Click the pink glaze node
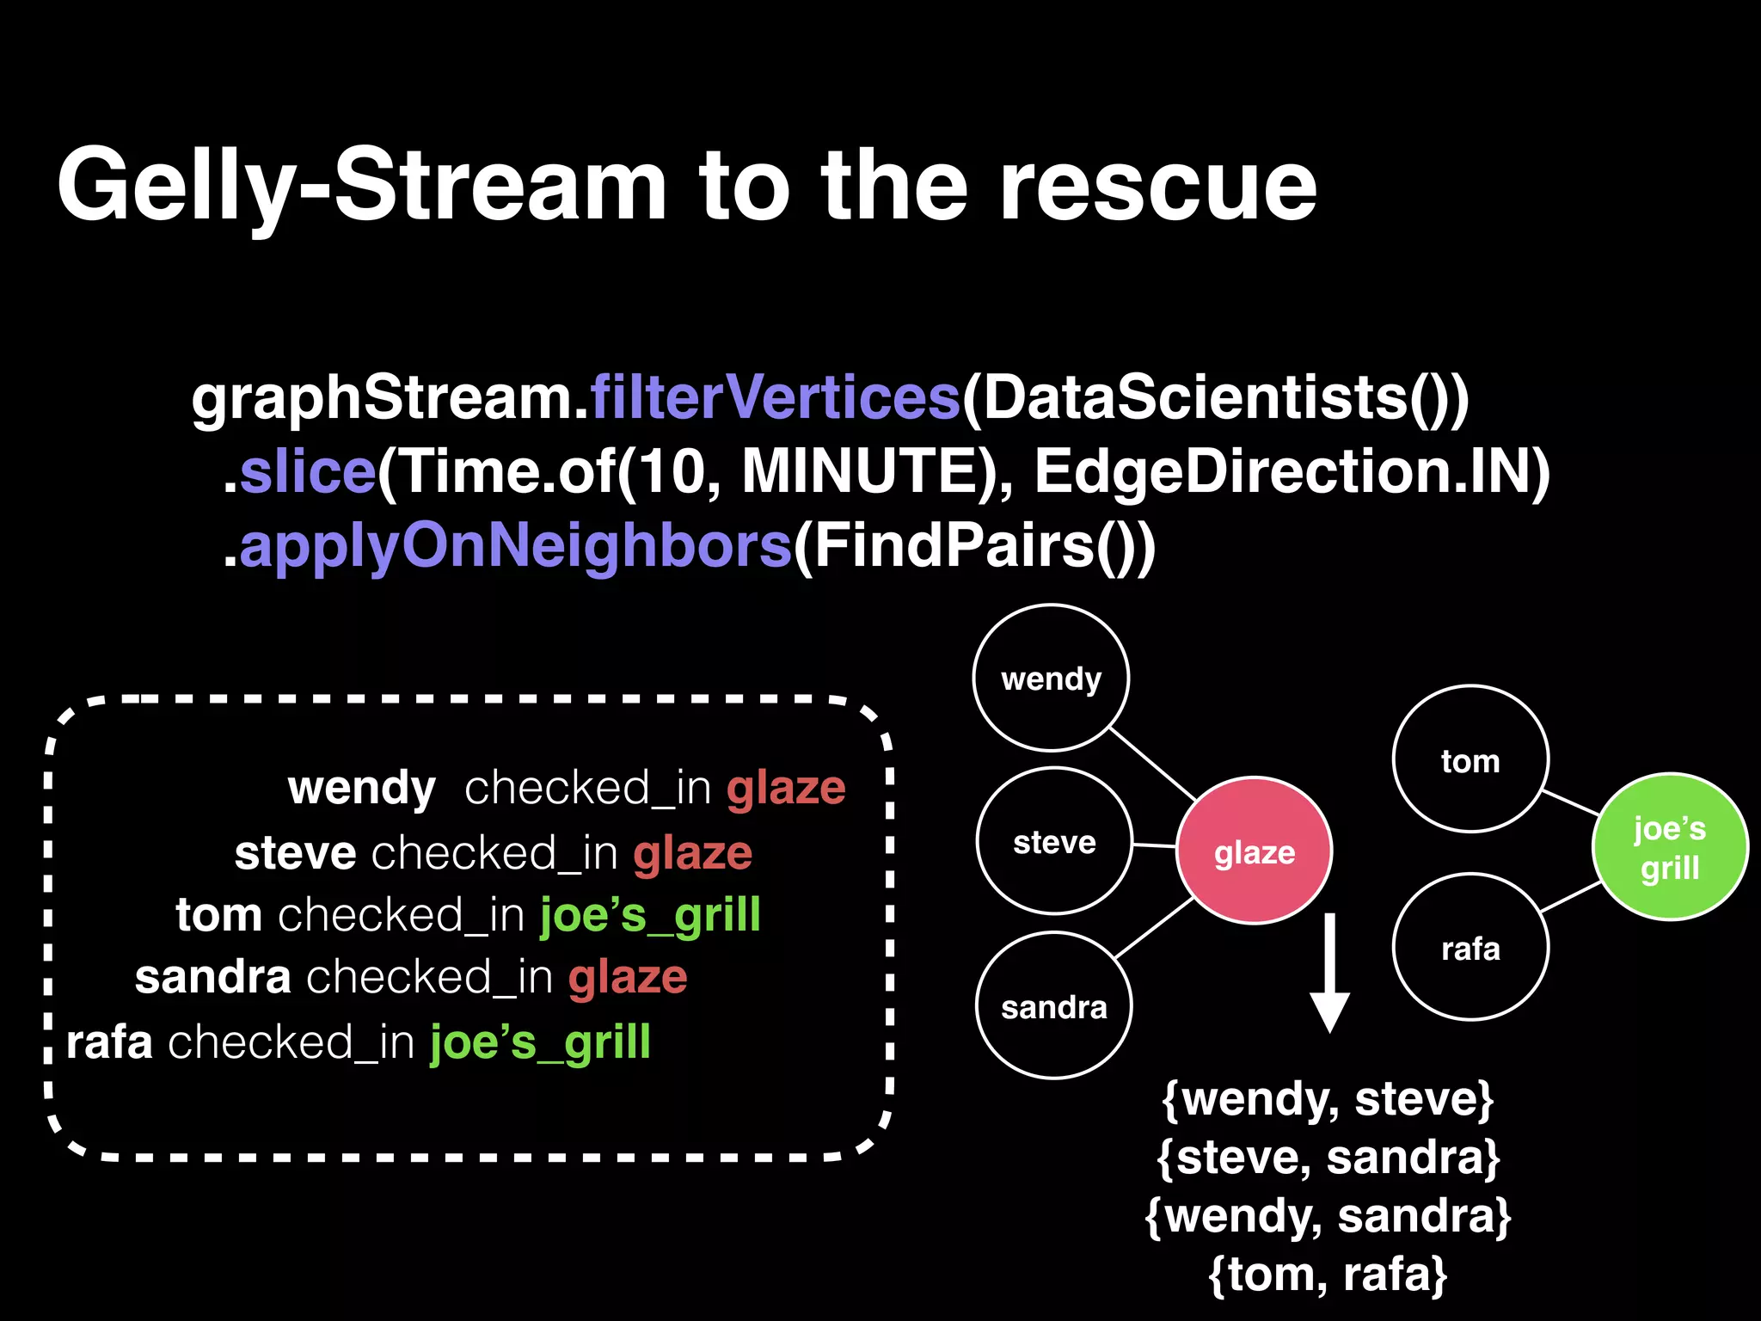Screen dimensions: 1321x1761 point(1254,851)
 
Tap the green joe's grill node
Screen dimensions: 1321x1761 point(1670,847)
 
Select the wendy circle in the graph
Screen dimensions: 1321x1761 point(1051,678)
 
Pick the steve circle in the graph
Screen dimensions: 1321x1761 point(1054,841)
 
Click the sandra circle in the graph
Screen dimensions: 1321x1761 point(1054,1005)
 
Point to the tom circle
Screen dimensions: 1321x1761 point(1470,759)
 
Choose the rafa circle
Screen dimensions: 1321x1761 point(1470,947)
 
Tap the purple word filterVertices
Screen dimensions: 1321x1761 point(775,397)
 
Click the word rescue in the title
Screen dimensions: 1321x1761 point(1157,185)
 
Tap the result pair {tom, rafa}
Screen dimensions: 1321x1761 point(1328,1274)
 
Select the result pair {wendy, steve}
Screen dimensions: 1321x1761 point(1328,1098)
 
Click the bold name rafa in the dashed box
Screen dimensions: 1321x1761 point(109,1042)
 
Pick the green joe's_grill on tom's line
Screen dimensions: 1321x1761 point(650,914)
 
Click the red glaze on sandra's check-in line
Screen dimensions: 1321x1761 point(628,977)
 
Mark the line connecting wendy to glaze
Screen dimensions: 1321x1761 point(1153,764)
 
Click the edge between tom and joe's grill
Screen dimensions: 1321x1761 point(1571,802)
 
